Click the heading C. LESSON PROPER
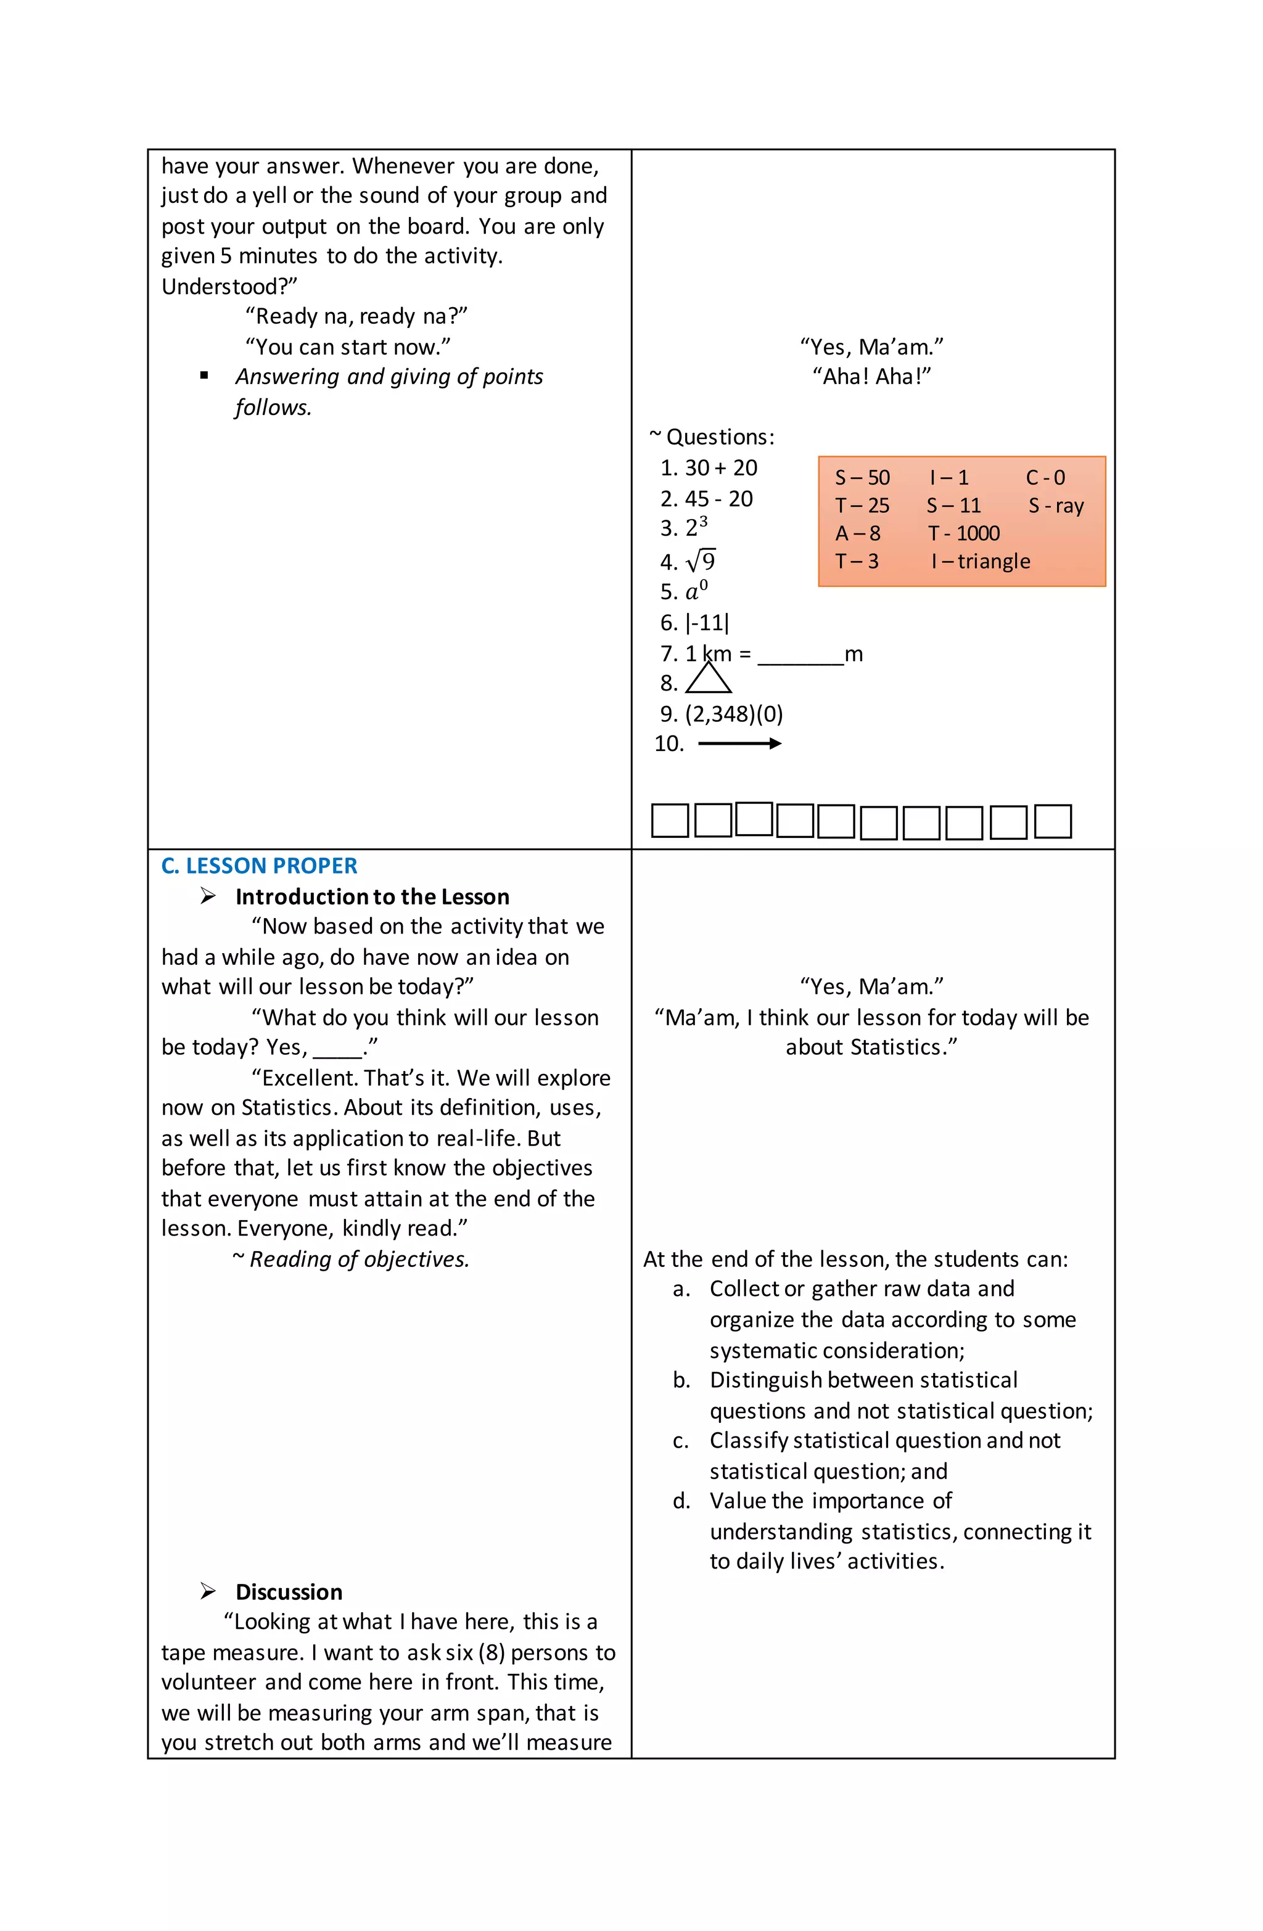tap(259, 866)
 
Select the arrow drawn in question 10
tap(739, 743)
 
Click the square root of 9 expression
tap(701, 560)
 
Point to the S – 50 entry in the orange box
tap(862, 478)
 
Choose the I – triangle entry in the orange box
tap(981, 562)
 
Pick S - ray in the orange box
tap(1055, 506)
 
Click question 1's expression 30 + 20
tap(721, 468)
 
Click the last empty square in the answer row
tap(1053, 821)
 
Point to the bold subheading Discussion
tap(289, 1592)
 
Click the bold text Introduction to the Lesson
tap(372, 896)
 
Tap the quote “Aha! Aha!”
tap(872, 377)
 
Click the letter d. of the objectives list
tap(681, 1501)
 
